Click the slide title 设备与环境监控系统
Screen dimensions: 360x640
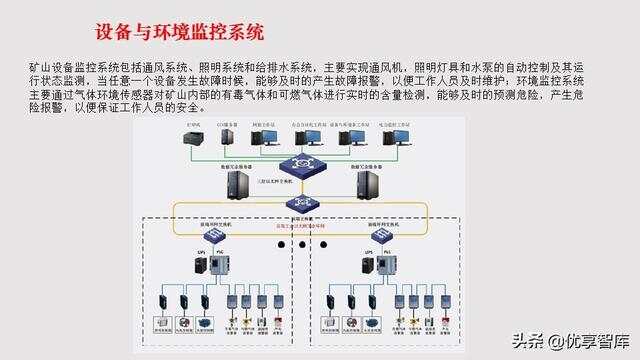pos(179,33)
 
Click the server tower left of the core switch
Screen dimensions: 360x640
pos(237,184)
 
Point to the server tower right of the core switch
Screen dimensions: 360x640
pos(367,184)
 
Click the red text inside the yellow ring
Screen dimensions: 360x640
pos(301,227)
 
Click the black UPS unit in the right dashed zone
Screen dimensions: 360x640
pos(367,267)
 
